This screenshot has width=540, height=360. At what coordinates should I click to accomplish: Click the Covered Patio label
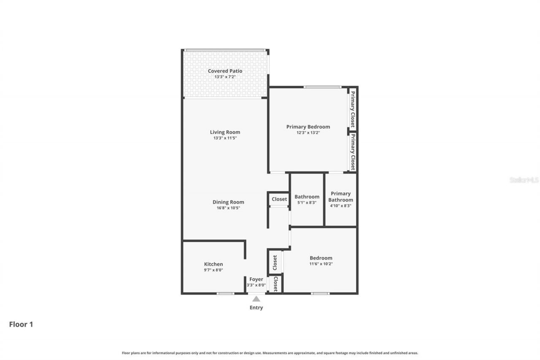pyautogui.click(x=225, y=71)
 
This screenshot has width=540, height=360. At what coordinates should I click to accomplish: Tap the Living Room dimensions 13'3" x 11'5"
pyautogui.click(x=226, y=138)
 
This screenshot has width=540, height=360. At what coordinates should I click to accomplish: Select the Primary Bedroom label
pyautogui.click(x=308, y=127)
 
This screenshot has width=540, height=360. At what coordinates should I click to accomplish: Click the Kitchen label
pyautogui.click(x=213, y=264)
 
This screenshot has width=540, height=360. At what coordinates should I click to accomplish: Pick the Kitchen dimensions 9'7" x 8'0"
pyautogui.click(x=213, y=270)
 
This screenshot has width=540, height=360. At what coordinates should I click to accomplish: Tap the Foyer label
pyautogui.click(x=256, y=279)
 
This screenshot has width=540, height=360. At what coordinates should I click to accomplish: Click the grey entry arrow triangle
pyautogui.click(x=256, y=299)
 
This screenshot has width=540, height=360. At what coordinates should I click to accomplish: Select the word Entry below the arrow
pyautogui.click(x=256, y=308)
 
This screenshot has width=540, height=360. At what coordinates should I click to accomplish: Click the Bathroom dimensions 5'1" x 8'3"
pyautogui.click(x=307, y=203)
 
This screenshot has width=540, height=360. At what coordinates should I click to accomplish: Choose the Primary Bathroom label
pyautogui.click(x=340, y=197)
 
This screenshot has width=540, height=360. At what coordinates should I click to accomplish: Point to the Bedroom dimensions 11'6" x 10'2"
pyautogui.click(x=321, y=264)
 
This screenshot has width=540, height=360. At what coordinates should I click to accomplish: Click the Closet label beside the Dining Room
pyautogui.click(x=279, y=199)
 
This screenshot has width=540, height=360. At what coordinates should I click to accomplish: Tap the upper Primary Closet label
pyautogui.click(x=352, y=109)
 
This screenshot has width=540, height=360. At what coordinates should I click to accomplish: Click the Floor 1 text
pyautogui.click(x=21, y=324)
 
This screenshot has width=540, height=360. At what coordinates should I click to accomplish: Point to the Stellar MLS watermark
pyautogui.click(x=524, y=180)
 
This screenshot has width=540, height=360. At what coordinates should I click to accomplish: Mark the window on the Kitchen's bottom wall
pyautogui.click(x=225, y=293)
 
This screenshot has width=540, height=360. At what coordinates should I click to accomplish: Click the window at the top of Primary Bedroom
pyautogui.click(x=322, y=87)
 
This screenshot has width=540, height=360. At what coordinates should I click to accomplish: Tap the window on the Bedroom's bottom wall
pyautogui.click(x=320, y=293)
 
